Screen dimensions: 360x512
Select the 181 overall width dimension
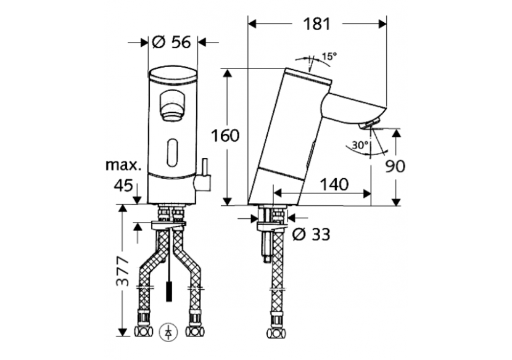pyautogui.click(x=317, y=24)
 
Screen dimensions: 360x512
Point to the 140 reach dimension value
pyautogui.click(x=334, y=184)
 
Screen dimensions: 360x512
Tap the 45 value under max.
pyautogui.click(x=124, y=184)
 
